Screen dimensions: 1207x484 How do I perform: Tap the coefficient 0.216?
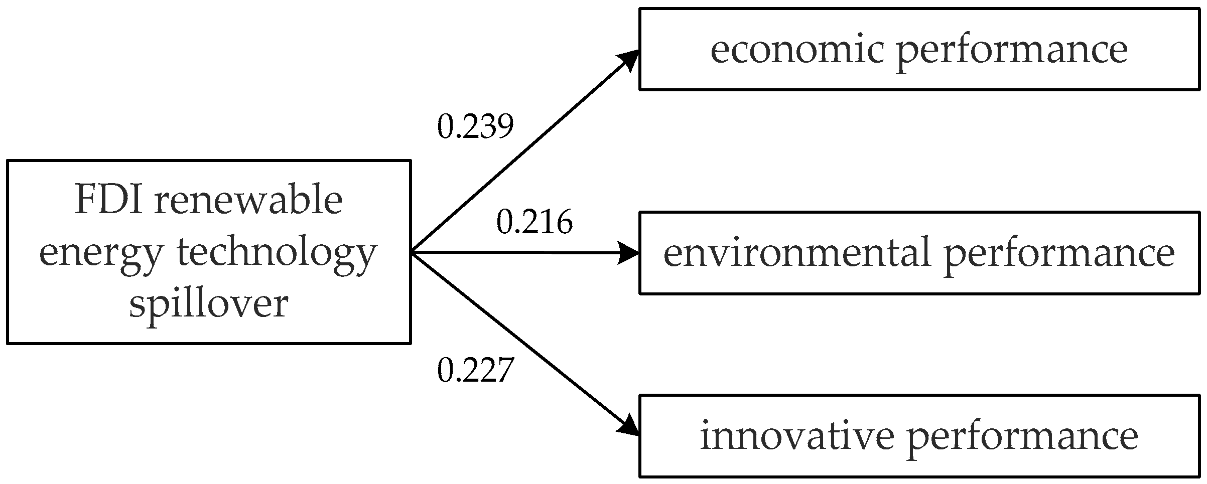pos(534,222)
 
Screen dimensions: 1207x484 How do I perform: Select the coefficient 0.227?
pos(475,371)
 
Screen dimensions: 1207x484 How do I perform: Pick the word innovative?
pos(797,436)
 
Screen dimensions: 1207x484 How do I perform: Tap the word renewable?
pos(248,200)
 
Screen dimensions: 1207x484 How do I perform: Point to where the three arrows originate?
pos(412,252)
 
